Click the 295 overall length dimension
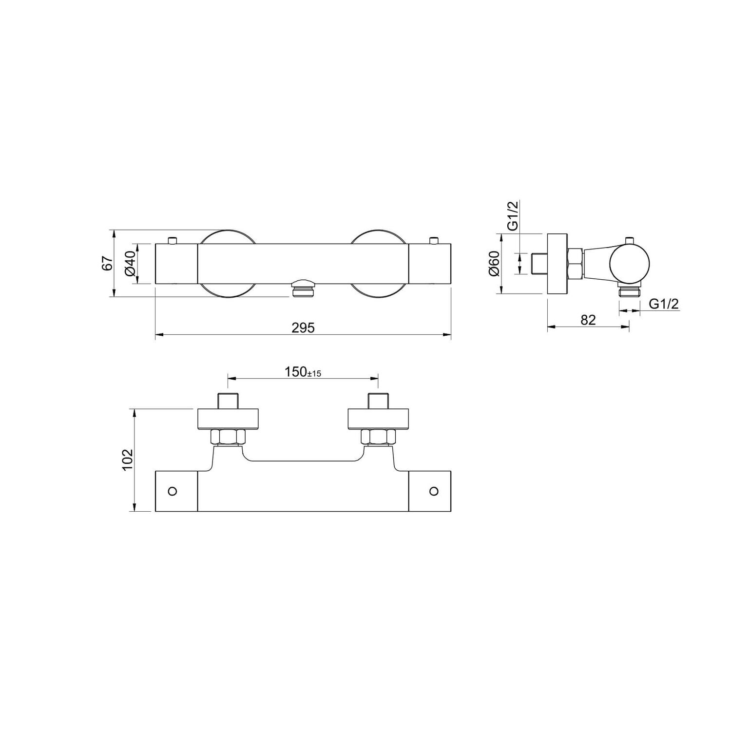[303, 328]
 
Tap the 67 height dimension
[107, 263]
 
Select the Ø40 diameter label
[130, 264]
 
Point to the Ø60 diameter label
[494, 264]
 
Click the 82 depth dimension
[588, 320]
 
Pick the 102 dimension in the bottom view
[128, 460]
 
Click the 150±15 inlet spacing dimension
[303, 372]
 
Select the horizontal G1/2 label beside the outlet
[664, 304]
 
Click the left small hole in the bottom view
[172, 491]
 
